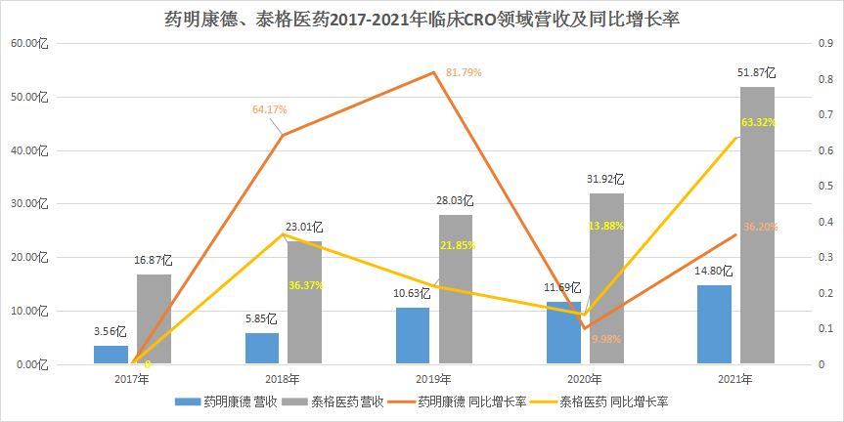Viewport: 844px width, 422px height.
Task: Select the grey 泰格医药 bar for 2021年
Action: pos(757,225)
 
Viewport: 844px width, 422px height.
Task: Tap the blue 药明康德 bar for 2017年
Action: pos(111,355)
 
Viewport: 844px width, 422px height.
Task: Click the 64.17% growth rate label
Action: pos(269,109)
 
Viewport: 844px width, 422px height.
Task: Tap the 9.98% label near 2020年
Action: pos(607,339)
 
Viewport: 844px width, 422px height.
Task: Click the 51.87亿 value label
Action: pos(757,72)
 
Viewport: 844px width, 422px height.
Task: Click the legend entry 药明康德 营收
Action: pos(229,401)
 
